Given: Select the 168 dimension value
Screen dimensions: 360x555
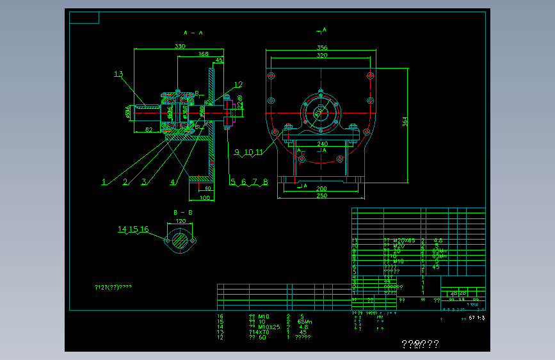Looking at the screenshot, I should [204, 54].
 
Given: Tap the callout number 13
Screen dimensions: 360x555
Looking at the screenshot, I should [118, 74].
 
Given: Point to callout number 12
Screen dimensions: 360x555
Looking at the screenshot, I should [238, 84].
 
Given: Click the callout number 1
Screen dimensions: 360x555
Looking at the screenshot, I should [104, 182].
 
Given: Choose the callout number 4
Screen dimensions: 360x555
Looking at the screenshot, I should [173, 182].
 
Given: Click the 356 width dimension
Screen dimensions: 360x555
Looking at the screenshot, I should [321, 47].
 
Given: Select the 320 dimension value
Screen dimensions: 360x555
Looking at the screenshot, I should [321, 56].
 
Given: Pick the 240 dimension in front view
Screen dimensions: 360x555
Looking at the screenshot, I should [321, 143].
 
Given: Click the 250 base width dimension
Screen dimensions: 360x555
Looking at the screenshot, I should [321, 195].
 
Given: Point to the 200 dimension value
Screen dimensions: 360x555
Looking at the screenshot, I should [321, 188].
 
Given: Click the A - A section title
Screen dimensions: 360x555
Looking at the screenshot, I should [193, 32].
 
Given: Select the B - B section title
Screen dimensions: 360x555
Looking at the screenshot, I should [182, 211].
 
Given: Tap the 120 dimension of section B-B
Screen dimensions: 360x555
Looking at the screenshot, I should [181, 221].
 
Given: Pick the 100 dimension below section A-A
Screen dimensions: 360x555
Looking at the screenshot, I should [205, 197].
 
